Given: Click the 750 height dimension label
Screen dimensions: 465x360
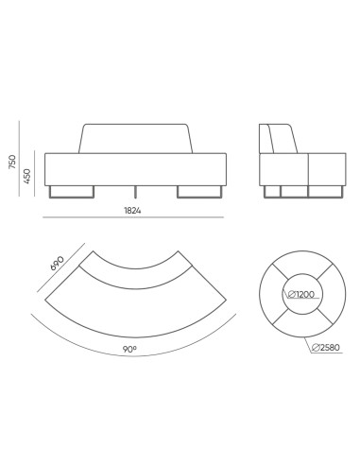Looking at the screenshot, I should (12, 164).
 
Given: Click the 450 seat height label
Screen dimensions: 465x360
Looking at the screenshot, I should (28, 176).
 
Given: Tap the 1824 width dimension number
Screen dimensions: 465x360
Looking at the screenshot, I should (133, 210).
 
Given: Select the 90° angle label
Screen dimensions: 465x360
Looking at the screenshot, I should (129, 349).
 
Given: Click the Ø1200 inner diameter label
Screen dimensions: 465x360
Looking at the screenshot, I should (300, 293).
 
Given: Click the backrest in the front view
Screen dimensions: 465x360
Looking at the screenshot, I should (138, 138).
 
